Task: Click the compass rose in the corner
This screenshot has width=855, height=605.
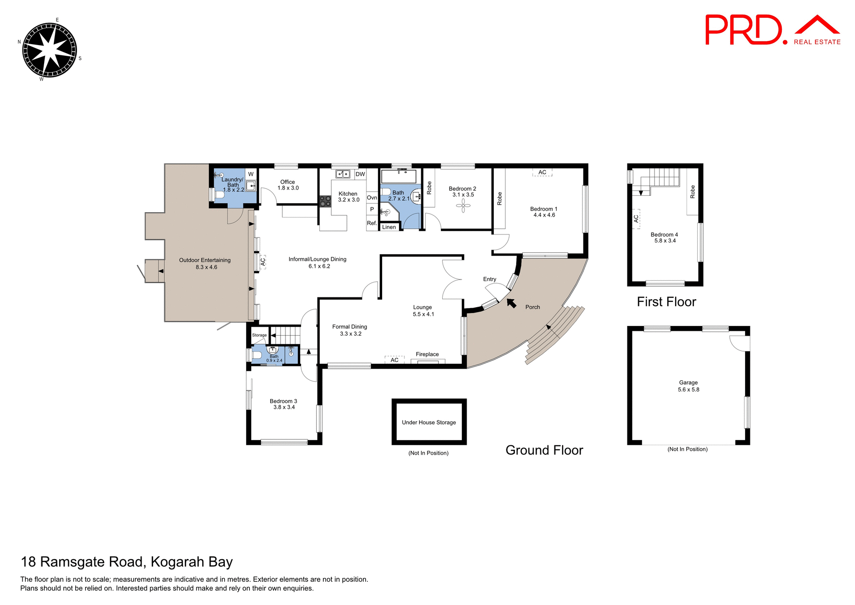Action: point(49,50)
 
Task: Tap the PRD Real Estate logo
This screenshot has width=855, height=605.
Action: point(772,30)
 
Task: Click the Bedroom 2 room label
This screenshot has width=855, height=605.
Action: point(462,189)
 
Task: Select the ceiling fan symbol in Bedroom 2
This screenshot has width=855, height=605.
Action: point(463,206)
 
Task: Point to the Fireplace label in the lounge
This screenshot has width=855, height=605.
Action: point(427,354)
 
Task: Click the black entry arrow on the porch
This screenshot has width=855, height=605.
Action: point(512,303)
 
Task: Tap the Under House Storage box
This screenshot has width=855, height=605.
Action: point(429,422)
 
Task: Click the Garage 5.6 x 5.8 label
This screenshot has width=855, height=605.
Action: point(688,386)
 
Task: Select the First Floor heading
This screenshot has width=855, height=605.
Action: point(666,302)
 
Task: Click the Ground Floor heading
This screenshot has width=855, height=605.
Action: point(544,450)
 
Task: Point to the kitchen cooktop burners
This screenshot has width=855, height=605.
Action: point(325,201)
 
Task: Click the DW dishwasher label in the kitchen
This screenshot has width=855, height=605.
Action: point(360,174)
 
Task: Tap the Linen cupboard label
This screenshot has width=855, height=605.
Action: point(389,227)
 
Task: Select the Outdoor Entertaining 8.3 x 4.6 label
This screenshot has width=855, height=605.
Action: point(205,263)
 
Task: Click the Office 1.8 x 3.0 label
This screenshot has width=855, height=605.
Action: point(288,185)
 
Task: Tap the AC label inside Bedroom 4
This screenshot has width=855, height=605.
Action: point(636,219)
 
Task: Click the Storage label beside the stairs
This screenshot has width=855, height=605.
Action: point(259,335)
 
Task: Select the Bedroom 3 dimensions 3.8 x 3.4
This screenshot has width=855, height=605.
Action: point(284,407)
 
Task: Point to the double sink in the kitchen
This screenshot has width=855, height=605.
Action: point(342,174)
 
